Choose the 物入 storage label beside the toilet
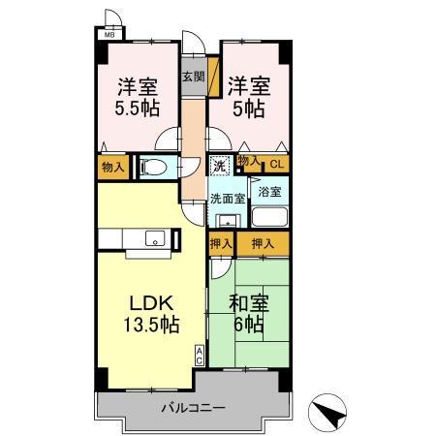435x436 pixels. coord(112,167)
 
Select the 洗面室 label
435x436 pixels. coord(228,198)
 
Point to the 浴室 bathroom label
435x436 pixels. coord(271,193)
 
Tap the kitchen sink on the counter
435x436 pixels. coord(153,237)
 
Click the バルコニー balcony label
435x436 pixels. coord(193,408)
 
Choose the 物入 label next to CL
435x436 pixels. coord(248,161)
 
